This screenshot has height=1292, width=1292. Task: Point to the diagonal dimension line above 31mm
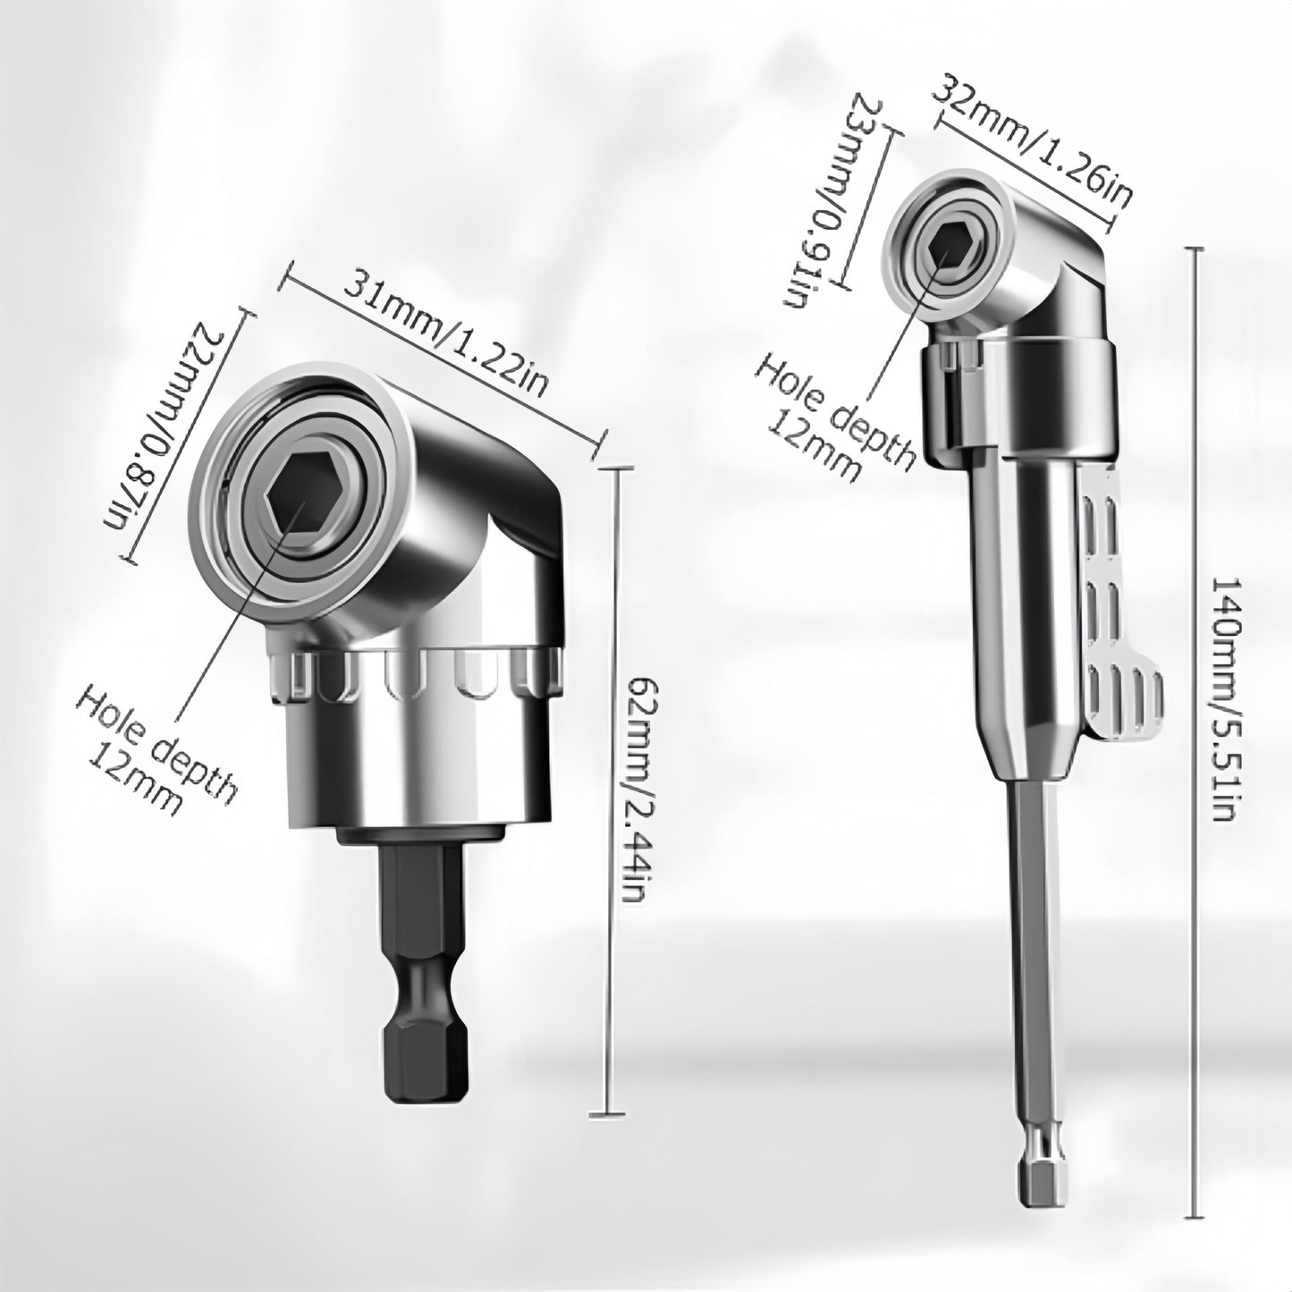coord(445,358)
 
